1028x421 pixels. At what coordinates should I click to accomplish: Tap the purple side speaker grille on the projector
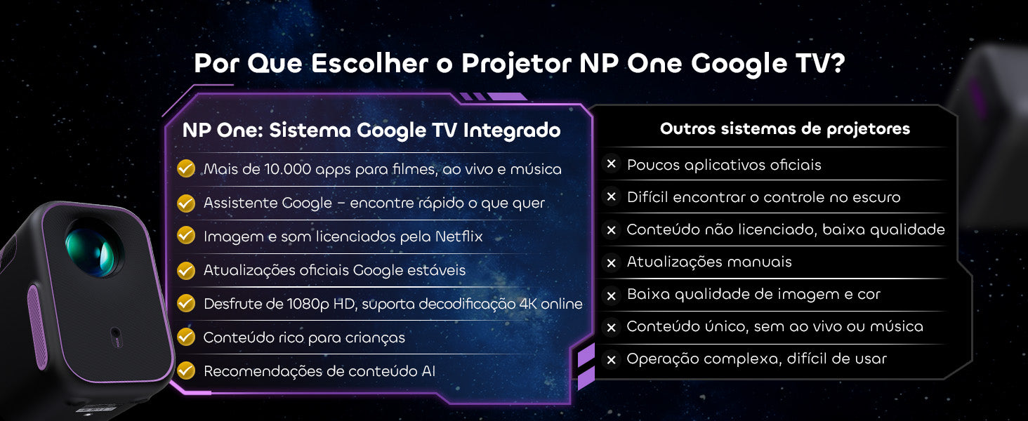37,326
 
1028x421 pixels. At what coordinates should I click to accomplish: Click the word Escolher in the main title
369,63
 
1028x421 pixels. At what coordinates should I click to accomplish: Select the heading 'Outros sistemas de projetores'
785,129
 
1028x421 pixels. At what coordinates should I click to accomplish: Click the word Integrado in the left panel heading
512,131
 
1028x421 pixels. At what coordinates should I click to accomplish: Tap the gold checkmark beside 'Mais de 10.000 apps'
186,168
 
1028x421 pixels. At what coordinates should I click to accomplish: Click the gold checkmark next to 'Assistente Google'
186,203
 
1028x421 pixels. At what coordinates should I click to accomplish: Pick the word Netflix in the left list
459,236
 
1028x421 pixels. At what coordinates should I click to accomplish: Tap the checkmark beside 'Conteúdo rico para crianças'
186,337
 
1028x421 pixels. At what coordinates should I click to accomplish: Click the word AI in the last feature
428,371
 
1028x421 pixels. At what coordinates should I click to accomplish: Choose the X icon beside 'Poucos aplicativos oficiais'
612,163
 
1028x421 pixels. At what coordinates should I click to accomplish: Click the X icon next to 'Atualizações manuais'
612,263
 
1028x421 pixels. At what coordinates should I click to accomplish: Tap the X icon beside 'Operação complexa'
612,360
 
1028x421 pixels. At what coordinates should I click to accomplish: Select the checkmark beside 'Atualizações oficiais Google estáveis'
186,270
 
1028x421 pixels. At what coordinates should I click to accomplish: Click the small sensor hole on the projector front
116,333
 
